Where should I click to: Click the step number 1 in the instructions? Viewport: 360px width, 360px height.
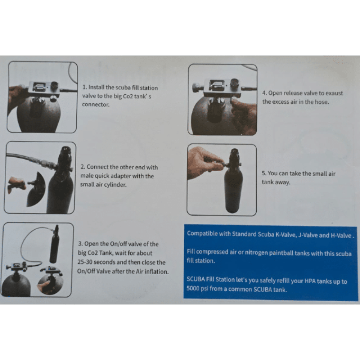pyautogui.click(x=85, y=87)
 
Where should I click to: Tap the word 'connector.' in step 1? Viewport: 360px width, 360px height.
pyautogui.click(x=96, y=104)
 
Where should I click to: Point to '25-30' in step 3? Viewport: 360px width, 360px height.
pyautogui.click(x=85, y=262)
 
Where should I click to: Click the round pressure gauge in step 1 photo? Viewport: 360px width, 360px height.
pyautogui.click(x=55, y=86)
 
